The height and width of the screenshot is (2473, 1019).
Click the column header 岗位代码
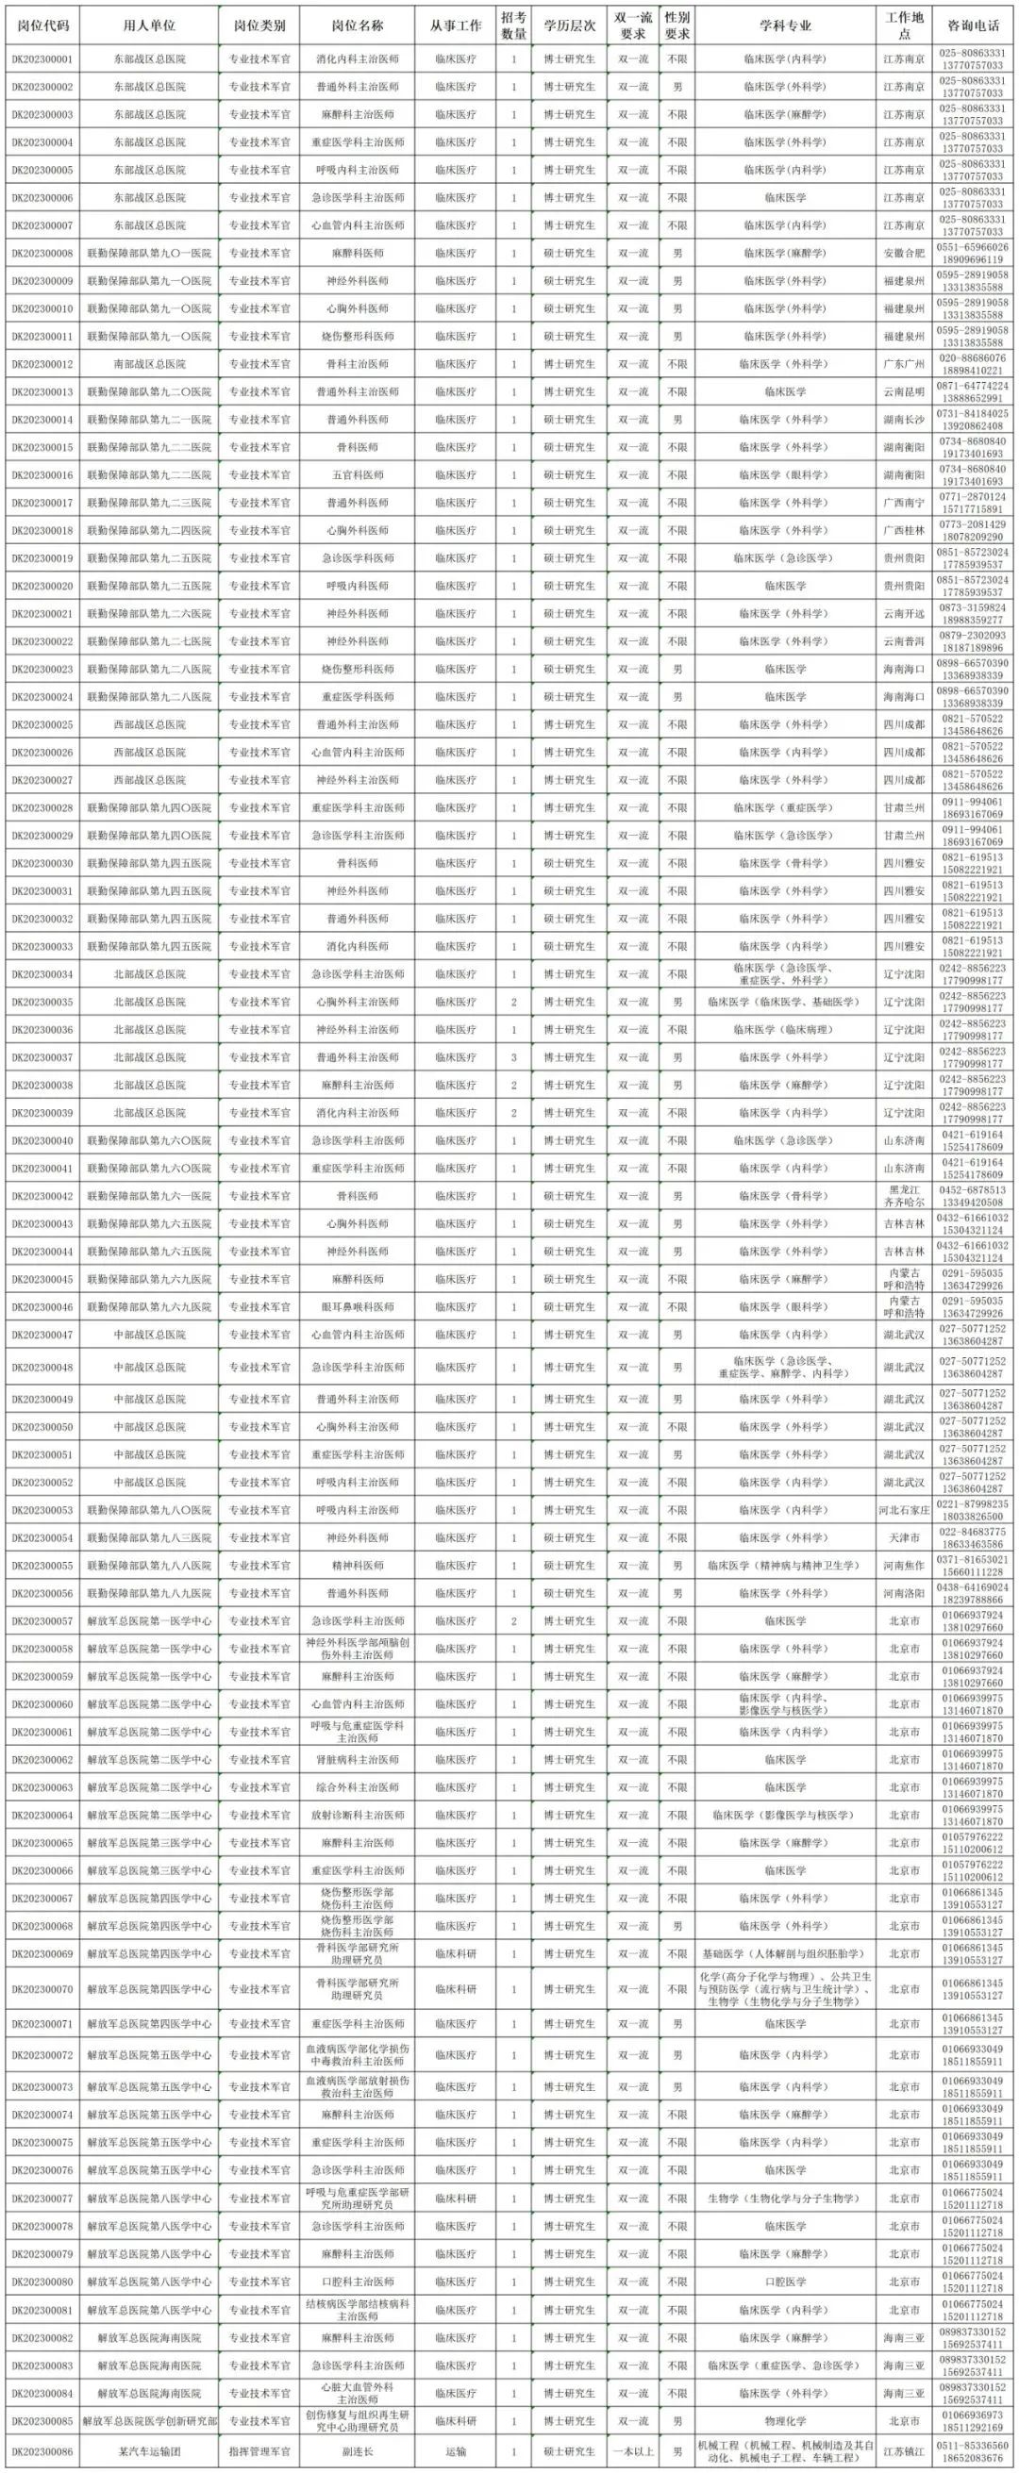[x=42, y=25]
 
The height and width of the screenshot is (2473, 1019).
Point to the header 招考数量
[x=514, y=25]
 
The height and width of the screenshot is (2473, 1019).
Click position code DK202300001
[x=42, y=59]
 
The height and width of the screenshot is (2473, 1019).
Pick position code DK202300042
[x=42, y=1196]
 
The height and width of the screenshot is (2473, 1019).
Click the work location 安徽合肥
[x=904, y=254]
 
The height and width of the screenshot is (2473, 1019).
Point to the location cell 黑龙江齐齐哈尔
[x=904, y=1196]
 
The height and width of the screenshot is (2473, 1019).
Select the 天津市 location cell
[x=904, y=1538]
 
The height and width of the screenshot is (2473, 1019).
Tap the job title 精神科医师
[x=358, y=1566]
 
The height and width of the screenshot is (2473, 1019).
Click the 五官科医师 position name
[x=358, y=475]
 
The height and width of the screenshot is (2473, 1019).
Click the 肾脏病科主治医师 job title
[x=358, y=1760]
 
